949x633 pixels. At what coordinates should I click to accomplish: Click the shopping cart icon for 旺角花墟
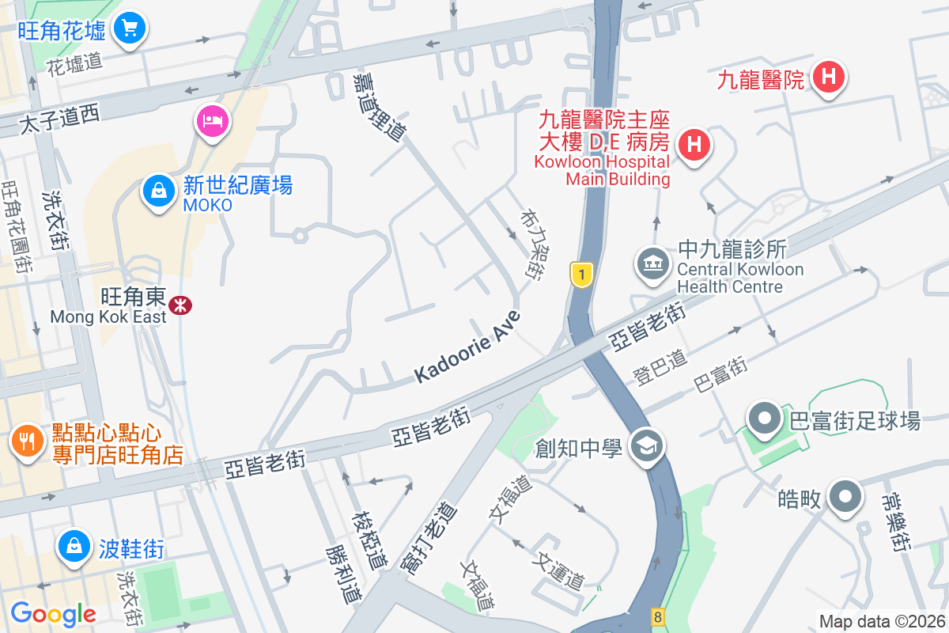129,29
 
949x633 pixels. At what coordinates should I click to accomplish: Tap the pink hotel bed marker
212,121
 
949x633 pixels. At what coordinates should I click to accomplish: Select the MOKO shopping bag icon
159,191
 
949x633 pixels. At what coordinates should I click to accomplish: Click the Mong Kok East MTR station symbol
181,305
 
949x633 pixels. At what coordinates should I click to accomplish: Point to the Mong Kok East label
108,316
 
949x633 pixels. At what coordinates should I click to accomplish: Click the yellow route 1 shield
582,275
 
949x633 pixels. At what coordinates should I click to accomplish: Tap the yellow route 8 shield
656,616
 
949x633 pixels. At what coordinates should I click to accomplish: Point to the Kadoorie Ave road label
468,347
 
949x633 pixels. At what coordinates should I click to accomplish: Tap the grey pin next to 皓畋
845,498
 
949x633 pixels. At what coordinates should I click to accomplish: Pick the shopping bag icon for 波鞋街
74,546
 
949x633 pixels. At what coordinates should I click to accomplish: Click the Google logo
53,613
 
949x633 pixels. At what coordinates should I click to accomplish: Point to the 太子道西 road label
59,120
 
